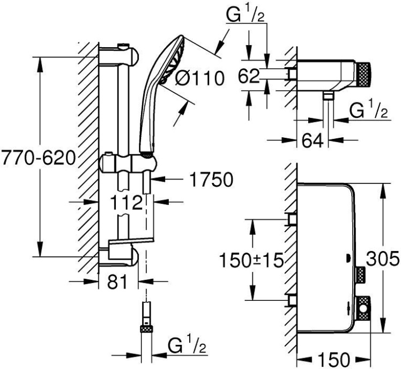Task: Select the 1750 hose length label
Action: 211,180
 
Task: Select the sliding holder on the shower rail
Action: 129,163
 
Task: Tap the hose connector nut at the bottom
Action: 145,329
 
